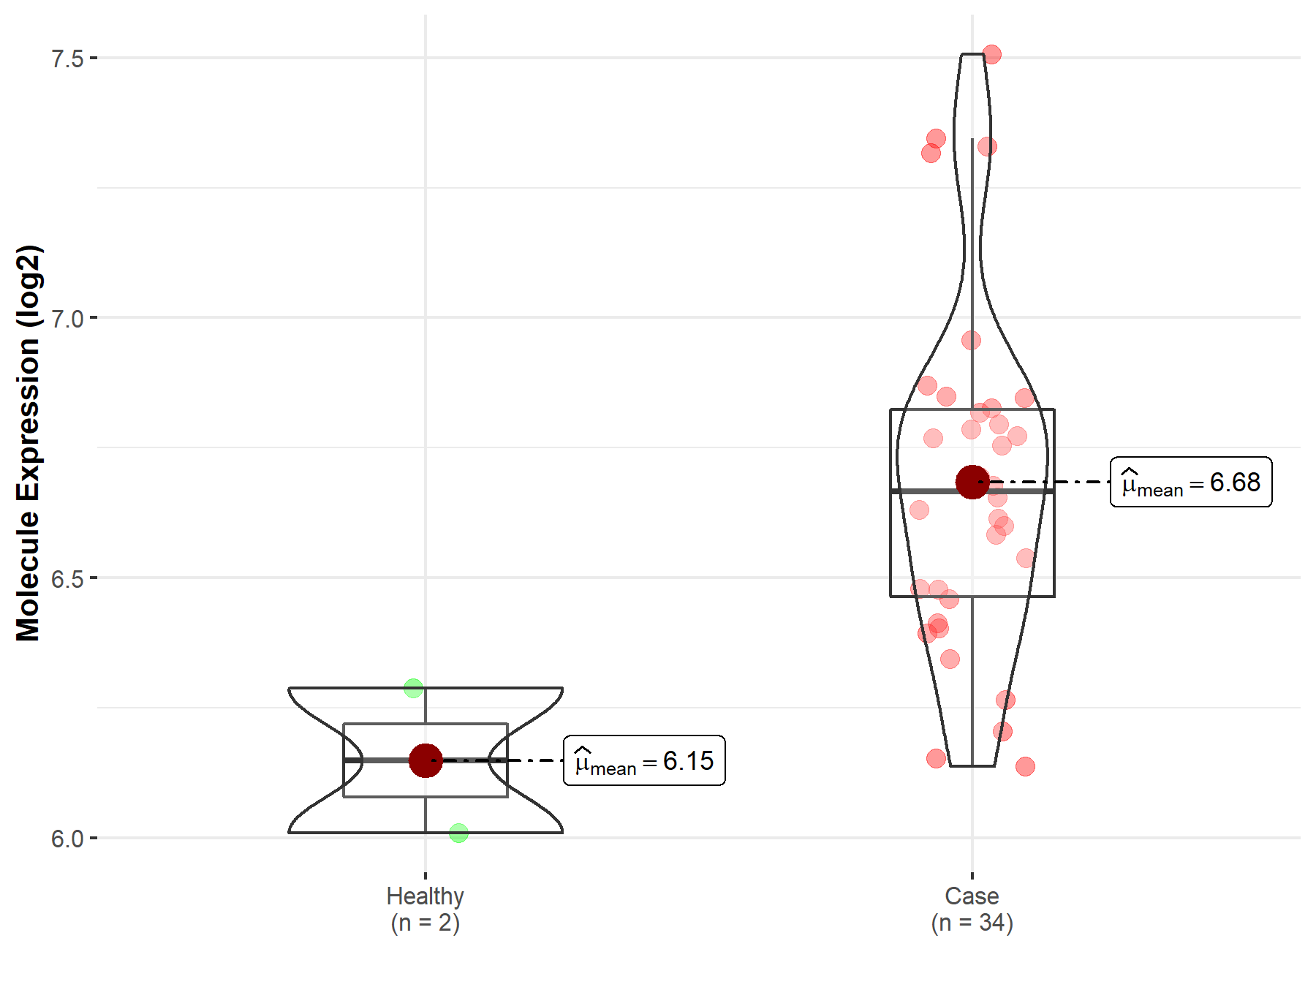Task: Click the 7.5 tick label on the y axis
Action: (67, 58)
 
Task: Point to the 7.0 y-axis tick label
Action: (67, 318)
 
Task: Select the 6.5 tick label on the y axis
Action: (67, 578)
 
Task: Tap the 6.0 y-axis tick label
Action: (67, 839)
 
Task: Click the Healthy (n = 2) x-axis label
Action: (426, 910)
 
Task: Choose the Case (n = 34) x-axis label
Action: (972, 910)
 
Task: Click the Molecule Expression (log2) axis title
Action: (29, 443)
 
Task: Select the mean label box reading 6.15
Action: (644, 760)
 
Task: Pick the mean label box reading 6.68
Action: (1191, 482)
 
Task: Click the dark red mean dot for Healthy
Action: (426, 760)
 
